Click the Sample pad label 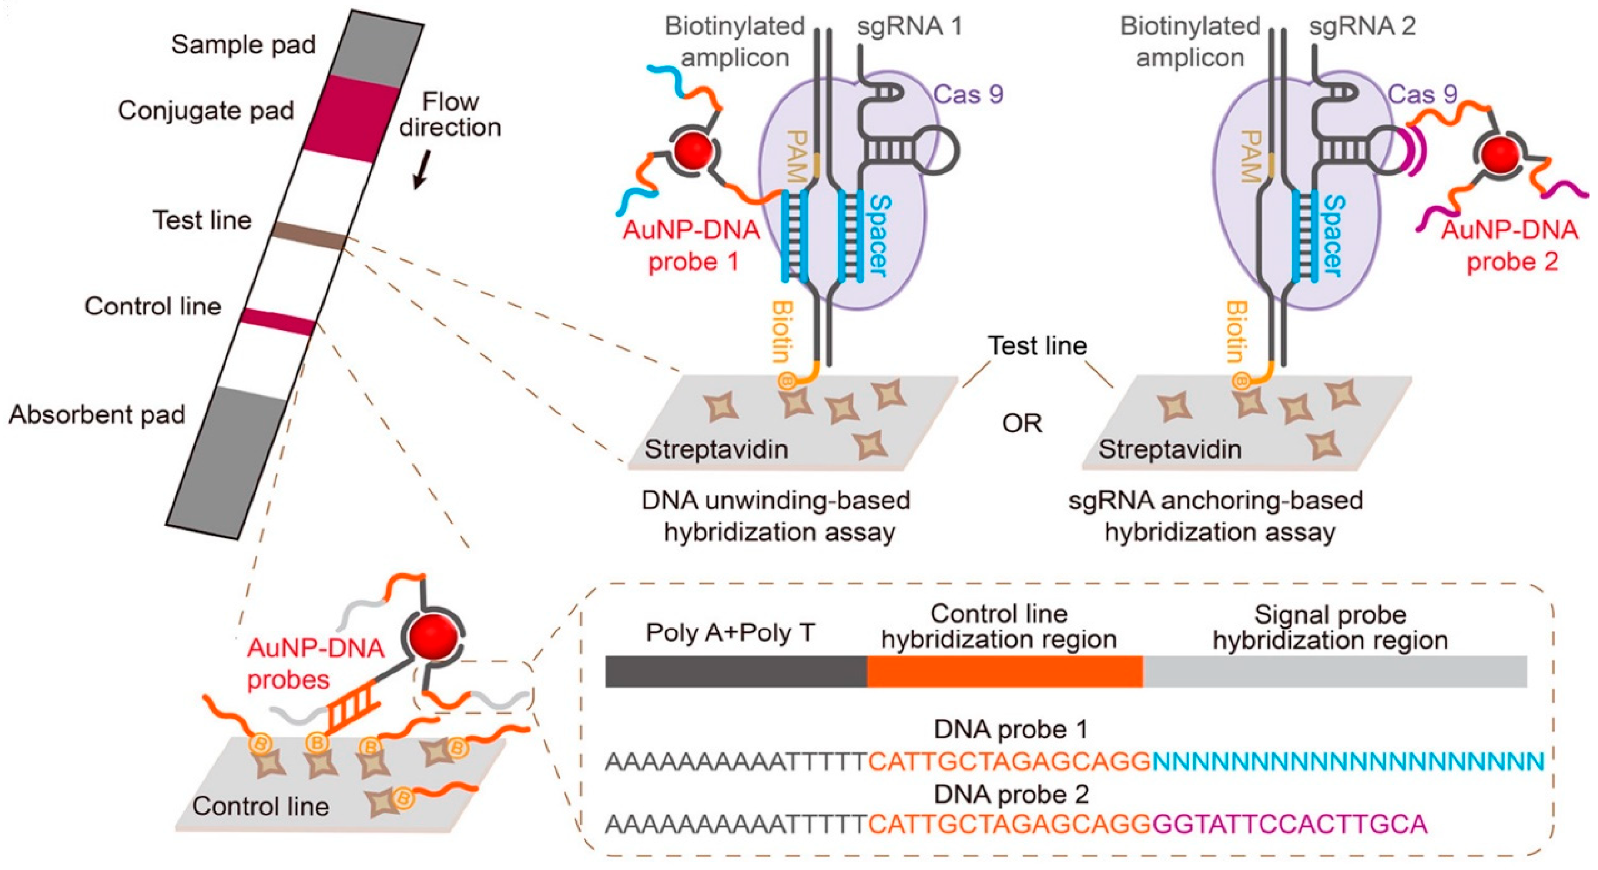tap(243, 45)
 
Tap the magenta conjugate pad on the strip tap(351, 119)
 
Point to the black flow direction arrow tap(421, 171)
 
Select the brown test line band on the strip tap(309, 235)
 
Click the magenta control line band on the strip tap(278, 321)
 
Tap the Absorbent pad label tap(97, 414)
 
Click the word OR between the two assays tap(1022, 424)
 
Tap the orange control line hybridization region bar tap(1004, 671)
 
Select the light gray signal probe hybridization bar tap(1334, 671)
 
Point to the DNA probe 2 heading tap(1011, 794)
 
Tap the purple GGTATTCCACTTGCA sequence tap(1290, 824)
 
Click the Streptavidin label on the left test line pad tap(716, 449)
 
